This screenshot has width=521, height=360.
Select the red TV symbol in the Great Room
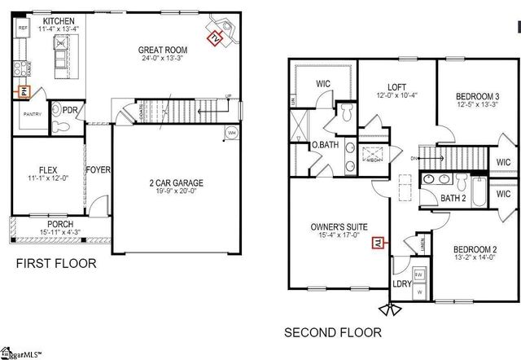click(x=213, y=37)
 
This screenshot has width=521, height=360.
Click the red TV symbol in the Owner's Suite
click(x=376, y=241)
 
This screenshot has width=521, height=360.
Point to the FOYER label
click(x=99, y=169)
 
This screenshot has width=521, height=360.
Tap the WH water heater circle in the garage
click(x=230, y=133)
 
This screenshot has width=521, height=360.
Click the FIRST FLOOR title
click(x=57, y=263)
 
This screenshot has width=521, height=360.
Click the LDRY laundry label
click(x=401, y=283)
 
